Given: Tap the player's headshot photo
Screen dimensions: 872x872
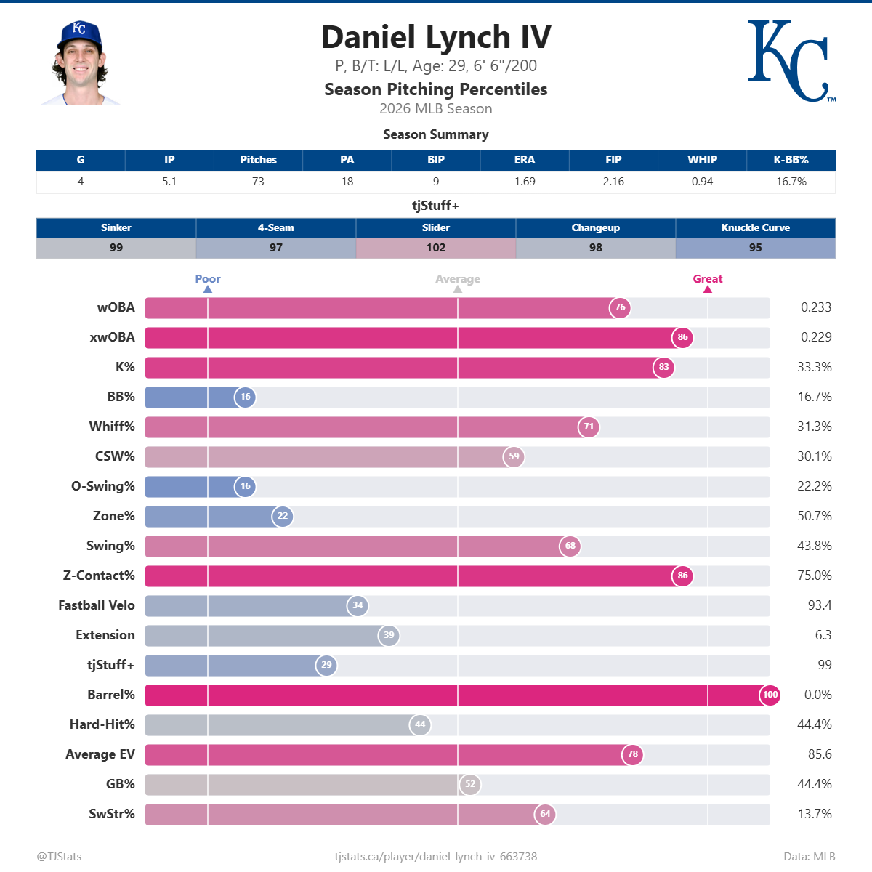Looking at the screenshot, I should click(x=80, y=63).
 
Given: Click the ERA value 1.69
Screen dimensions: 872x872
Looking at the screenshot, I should click(x=525, y=182).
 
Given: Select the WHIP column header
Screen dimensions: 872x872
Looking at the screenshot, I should click(x=702, y=160).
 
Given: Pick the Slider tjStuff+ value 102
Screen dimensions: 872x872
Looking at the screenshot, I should click(x=436, y=248).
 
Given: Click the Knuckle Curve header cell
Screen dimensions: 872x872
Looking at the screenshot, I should click(x=755, y=227).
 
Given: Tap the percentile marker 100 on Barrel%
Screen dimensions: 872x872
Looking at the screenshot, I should click(x=770, y=695).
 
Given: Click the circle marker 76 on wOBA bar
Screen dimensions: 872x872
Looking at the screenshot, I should click(x=620, y=307).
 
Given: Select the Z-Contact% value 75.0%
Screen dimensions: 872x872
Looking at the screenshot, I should click(x=814, y=576).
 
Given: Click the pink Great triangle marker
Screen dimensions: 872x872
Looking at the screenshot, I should click(x=708, y=289).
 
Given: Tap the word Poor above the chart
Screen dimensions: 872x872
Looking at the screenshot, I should click(x=208, y=279).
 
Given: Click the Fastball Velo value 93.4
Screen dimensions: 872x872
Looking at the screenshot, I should click(x=820, y=605).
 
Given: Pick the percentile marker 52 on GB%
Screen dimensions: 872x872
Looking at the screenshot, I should click(x=470, y=784).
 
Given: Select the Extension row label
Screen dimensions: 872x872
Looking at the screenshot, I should click(x=105, y=635).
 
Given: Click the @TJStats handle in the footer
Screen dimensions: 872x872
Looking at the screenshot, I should click(x=59, y=857).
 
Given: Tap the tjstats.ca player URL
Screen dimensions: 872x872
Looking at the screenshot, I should click(x=436, y=857).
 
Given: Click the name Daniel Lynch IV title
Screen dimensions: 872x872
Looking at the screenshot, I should click(x=436, y=38).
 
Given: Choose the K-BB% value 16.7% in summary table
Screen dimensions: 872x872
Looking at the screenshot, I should click(x=791, y=182).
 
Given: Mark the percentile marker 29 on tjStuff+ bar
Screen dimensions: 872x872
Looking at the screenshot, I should click(x=326, y=665).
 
